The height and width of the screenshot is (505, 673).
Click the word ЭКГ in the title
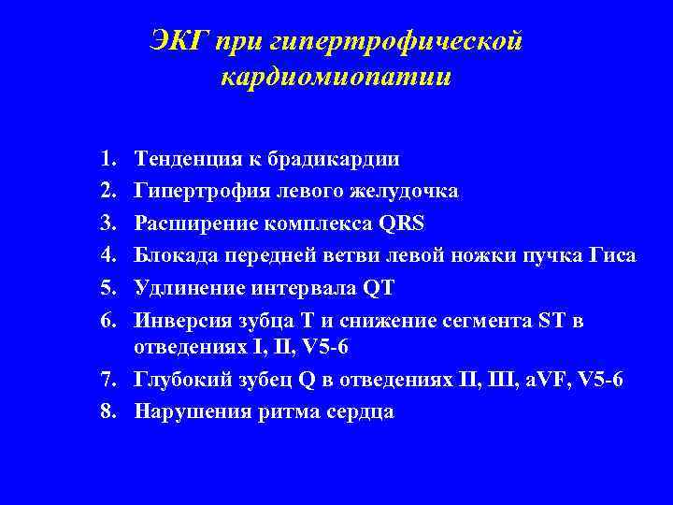(x=179, y=41)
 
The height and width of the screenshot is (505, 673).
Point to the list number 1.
(x=109, y=159)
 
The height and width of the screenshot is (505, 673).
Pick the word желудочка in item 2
(x=409, y=191)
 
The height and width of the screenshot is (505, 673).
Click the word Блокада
(x=173, y=254)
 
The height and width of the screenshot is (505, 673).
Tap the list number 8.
(x=109, y=411)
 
